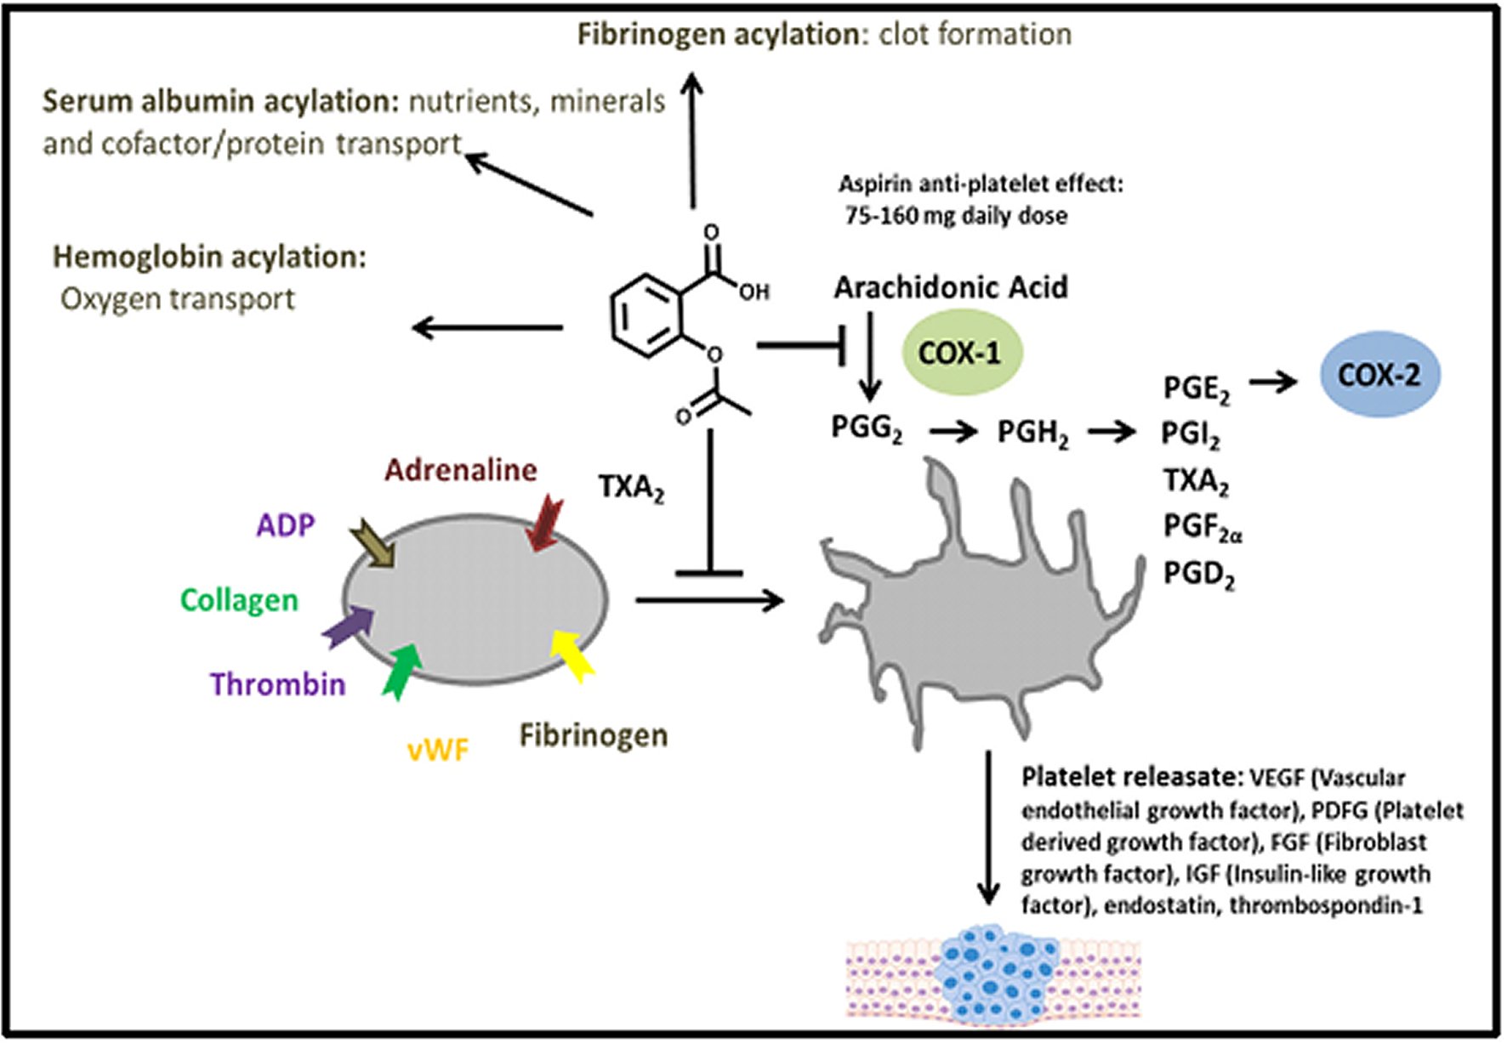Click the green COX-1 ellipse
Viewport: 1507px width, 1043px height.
point(961,353)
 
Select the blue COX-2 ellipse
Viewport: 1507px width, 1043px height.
point(1379,375)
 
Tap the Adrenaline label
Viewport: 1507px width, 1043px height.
point(460,470)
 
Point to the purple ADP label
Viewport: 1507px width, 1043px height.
point(286,525)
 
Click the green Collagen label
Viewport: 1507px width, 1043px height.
point(239,600)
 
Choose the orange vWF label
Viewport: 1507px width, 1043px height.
point(438,750)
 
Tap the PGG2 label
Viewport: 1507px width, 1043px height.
point(866,428)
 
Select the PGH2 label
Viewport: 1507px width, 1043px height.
point(1032,433)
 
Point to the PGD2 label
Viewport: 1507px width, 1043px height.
point(1198,575)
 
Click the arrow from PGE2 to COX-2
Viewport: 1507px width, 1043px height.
point(1272,382)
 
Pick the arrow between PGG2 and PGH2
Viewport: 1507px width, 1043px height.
point(953,432)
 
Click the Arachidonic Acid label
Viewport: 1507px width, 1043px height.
point(950,287)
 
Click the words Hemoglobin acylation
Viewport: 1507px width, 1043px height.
point(209,257)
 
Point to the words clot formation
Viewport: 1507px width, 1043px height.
point(975,34)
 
